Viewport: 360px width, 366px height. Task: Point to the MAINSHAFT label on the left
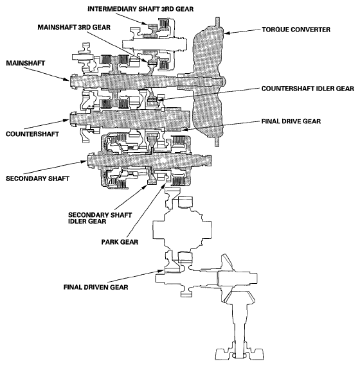point(24,64)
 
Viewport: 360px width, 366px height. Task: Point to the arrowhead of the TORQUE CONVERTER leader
point(224,30)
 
